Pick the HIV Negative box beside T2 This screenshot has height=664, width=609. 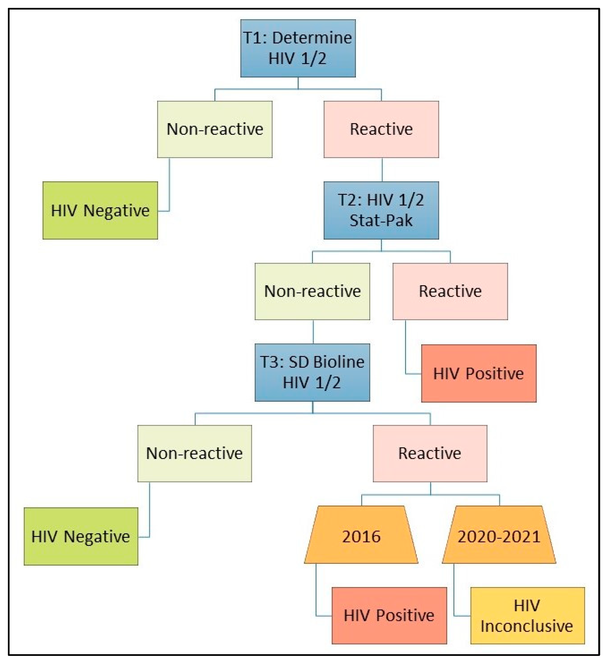[100, 210]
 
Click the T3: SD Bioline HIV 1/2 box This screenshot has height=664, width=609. [312, 372]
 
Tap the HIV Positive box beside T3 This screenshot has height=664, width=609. [479, 373]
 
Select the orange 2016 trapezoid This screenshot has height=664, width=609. [361, 536]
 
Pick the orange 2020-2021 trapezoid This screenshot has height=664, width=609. [499, 536]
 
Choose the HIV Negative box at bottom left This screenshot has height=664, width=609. [81, 536]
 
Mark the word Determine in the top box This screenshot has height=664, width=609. [312, 38]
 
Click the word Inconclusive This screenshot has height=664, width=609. [527, 626]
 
